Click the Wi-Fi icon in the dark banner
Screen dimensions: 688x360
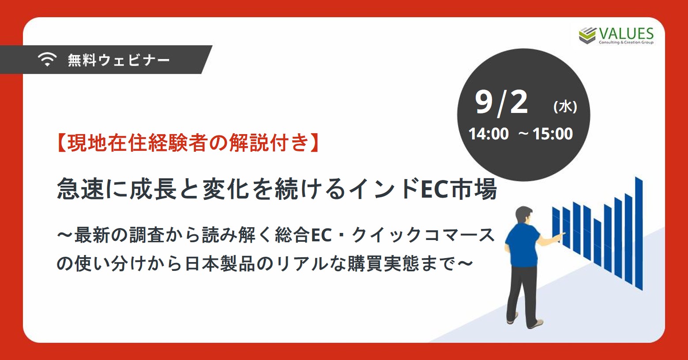click(x=47, y=59)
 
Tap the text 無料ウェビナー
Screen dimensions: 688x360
click(x=119, y=60)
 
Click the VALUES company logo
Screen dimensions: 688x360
click(x=616, y=36)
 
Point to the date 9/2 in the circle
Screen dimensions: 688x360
click(x=501, y=103)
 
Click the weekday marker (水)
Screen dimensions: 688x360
click(x=565, y=107)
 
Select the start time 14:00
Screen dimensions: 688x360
click(x=489, y=134)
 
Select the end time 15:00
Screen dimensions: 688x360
click(x=553, y=134)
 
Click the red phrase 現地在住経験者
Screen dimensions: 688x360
click(x=137, y=143)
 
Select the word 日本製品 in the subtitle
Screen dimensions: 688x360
click(x=220, y=263)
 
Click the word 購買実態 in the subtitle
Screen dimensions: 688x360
click(x=383, y=263)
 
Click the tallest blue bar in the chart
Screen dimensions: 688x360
click(x=639, y=233)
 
